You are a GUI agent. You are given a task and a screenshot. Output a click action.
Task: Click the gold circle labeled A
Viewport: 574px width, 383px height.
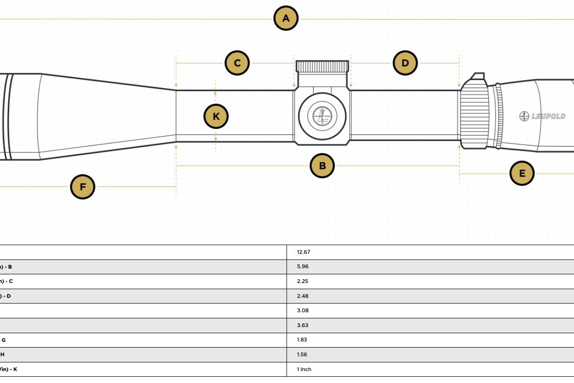[286, 19]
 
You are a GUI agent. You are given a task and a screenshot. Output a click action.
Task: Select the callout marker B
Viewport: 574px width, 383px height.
[322, 166]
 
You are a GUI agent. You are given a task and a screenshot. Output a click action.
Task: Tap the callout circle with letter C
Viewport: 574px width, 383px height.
[237, 63]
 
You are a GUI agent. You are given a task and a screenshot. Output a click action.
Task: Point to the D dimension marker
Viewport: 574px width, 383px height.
[405, 63]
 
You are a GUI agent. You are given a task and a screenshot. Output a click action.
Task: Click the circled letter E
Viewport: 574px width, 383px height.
[522, 173]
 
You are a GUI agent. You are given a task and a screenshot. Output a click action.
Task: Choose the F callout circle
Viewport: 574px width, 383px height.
[83, 187]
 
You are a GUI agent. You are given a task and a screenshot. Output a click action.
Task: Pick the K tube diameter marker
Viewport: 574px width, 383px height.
[216, 116]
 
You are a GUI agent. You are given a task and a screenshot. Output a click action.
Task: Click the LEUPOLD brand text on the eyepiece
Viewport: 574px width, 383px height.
[548, 116]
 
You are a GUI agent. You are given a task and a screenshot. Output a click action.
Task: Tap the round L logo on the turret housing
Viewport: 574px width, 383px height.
[322, 115]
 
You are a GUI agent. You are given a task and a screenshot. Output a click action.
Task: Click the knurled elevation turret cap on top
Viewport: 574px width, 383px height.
[322, 67]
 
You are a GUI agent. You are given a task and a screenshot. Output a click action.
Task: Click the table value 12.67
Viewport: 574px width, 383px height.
[304, 252]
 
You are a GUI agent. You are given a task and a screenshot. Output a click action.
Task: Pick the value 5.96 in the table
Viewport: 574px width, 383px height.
[302, 267]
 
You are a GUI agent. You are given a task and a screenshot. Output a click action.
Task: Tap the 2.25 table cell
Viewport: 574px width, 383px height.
[302, 282]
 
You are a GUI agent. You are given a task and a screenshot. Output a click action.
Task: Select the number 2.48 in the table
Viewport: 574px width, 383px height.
[302, 296]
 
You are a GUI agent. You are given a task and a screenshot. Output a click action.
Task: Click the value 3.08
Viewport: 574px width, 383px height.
[302, 311]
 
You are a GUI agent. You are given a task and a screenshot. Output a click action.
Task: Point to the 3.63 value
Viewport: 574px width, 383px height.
[302, 326]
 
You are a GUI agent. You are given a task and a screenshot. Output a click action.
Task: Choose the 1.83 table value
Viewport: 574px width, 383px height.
[302, 340]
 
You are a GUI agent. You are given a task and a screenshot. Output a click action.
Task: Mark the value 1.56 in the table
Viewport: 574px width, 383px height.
[302, 355]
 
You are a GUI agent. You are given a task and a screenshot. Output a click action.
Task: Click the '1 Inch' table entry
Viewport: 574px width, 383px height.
[304, 370]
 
